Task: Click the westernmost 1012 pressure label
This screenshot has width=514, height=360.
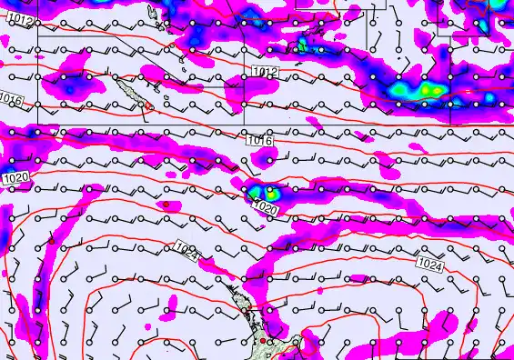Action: (x=26, y=20)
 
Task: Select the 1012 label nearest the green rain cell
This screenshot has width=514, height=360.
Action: (x=265, y=71)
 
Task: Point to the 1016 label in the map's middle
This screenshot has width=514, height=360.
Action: (x=259, y=140)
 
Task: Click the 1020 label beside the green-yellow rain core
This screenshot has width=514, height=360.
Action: (x=264, y=209)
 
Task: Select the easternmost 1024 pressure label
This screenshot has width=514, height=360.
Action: (x=431, y=264)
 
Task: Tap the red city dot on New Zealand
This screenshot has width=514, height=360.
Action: (x=264, y=341)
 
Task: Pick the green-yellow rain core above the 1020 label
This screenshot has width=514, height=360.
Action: (x=265, y=191)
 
